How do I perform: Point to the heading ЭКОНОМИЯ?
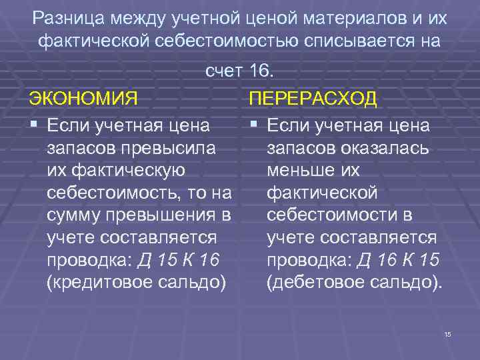click(x=83, y=99)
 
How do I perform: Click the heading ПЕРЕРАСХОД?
click(x=313, y=99)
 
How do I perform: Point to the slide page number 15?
click(x=447, y=333)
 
